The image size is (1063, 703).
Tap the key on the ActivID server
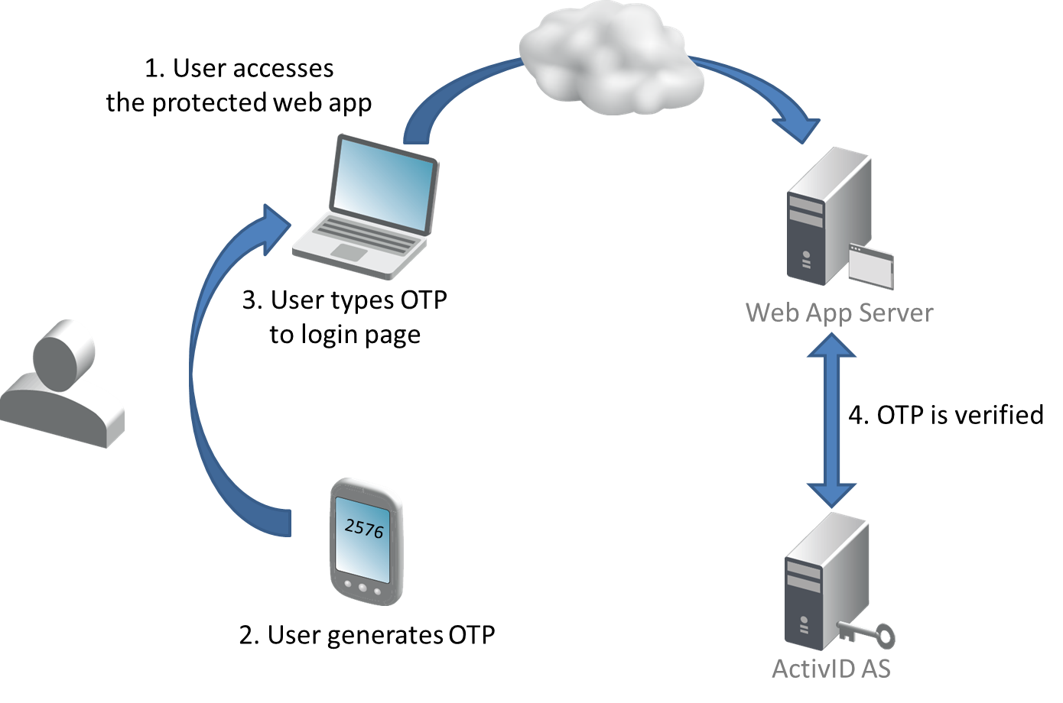(x=868, y=633)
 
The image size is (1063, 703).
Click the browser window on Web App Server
(x=872, y=267)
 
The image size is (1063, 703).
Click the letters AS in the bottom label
(x=873, y=668)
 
